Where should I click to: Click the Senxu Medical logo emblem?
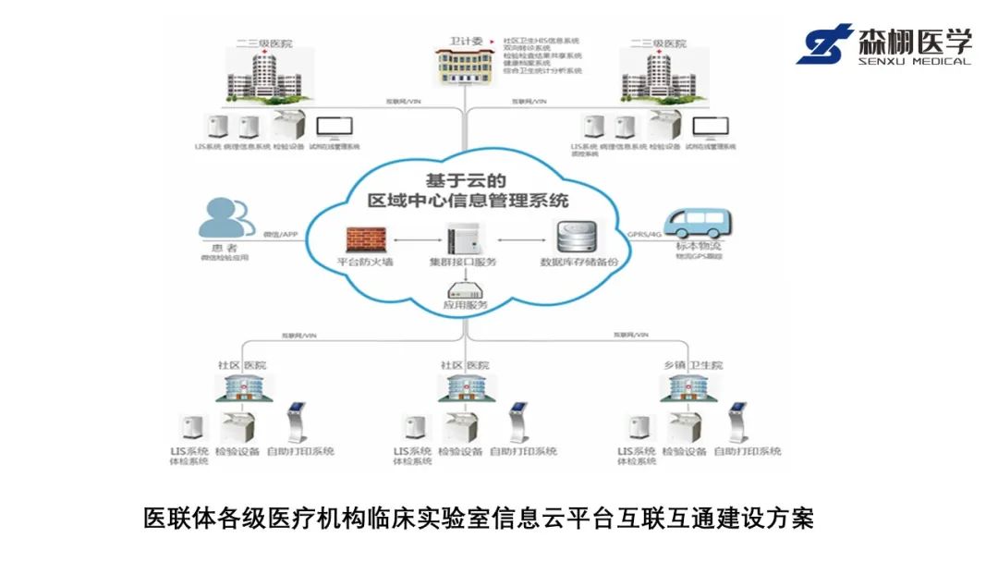[x=825, y=44]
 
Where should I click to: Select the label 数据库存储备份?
[x=579, y=263]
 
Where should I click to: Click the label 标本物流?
[x=700, y=247]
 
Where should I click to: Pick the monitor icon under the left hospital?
[x=329, y=128]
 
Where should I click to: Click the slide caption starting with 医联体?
[x=478, y=518]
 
